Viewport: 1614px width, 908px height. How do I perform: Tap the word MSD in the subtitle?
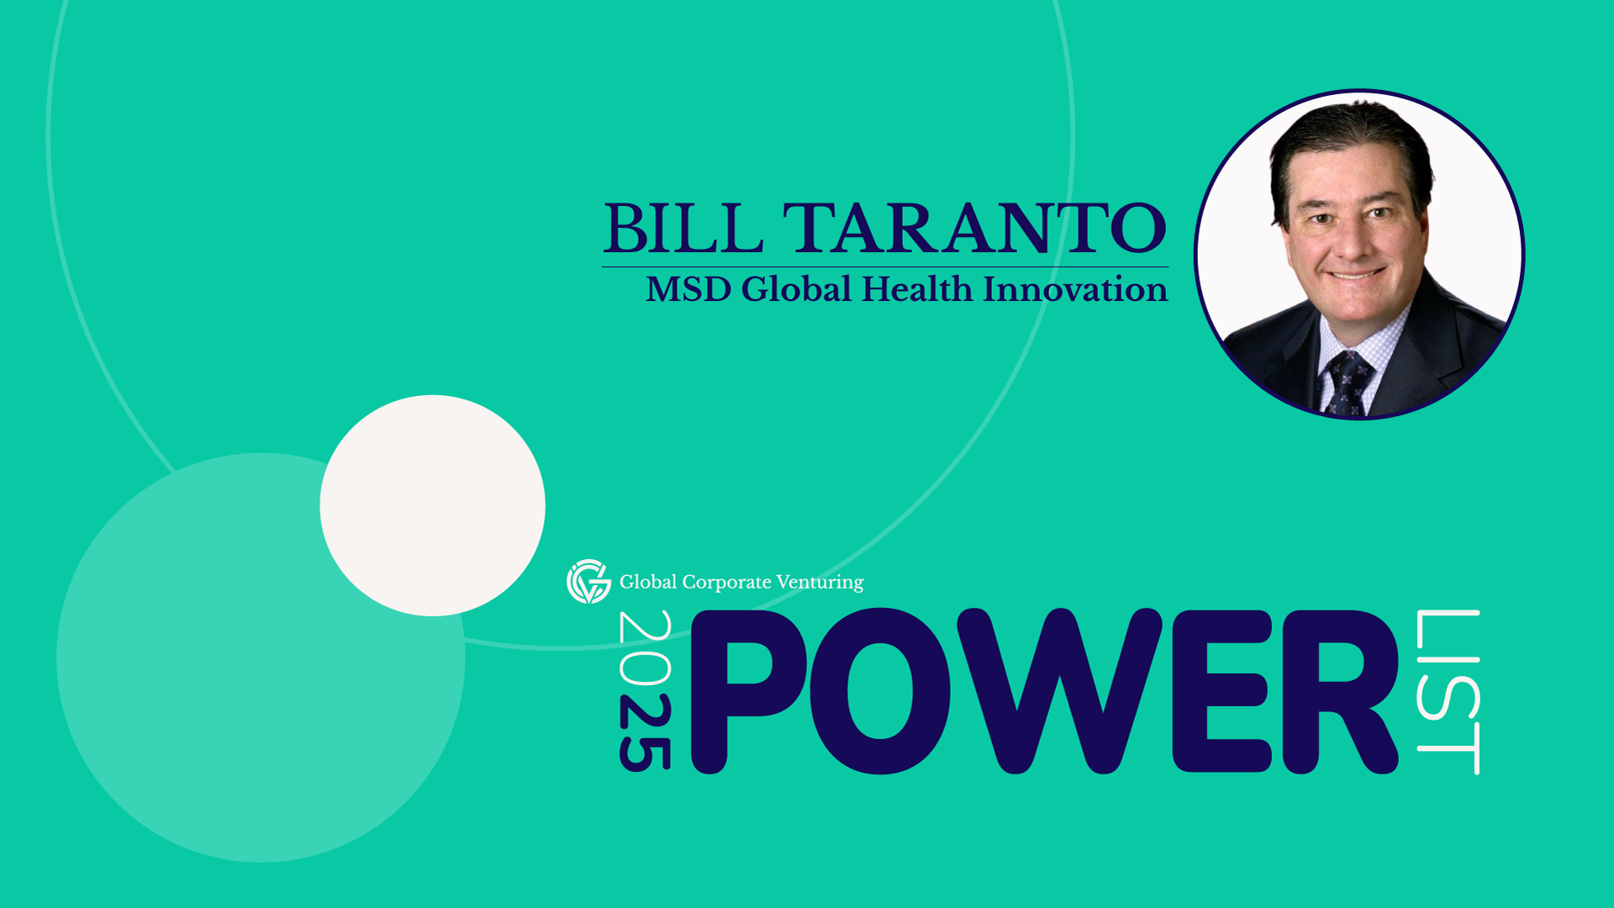688,289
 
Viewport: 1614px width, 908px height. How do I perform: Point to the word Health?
917,289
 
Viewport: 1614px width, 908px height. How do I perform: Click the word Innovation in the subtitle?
1076,289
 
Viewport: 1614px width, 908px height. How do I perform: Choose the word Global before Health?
797,289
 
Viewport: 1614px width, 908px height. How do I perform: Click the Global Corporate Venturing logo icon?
588,581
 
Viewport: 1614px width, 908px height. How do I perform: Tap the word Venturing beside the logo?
820,583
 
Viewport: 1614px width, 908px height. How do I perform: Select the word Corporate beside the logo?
726,583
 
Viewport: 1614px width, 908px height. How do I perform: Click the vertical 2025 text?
645,690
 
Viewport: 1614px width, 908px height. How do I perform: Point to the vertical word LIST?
1448,692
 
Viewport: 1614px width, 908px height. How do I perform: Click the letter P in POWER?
748,691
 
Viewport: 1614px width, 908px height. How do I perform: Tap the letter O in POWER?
881,691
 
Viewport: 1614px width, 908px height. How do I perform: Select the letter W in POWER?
1059,691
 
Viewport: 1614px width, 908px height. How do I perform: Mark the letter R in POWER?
1340,691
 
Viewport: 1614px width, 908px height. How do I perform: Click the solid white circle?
432,505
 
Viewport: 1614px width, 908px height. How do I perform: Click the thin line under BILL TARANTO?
885,267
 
